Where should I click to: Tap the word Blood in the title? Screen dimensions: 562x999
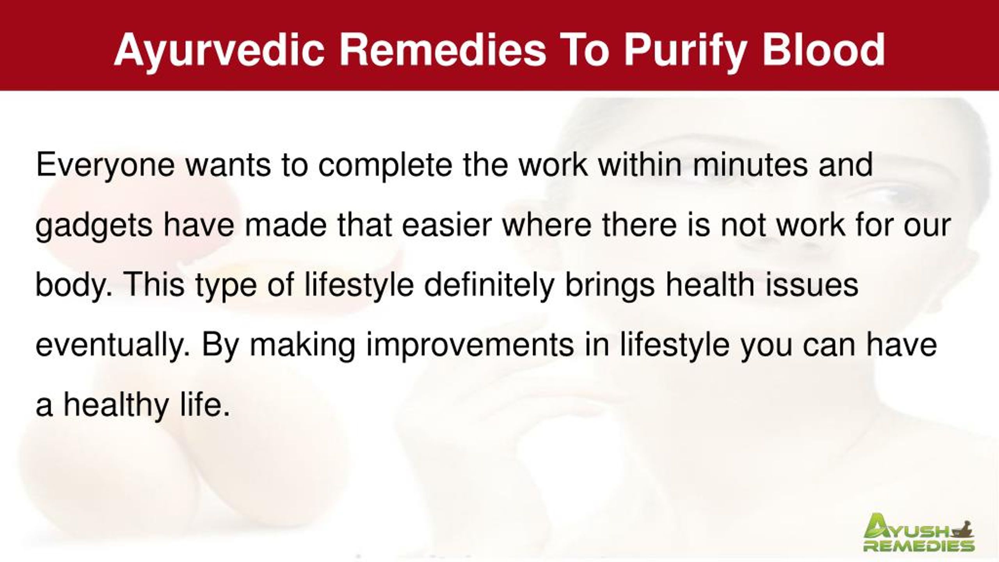(x=824, y=50)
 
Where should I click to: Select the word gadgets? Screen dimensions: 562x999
(x=94, y=226)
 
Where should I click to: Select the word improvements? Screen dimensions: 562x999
(x=470, y=346)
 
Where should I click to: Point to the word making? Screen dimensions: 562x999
(x=302, y=346)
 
